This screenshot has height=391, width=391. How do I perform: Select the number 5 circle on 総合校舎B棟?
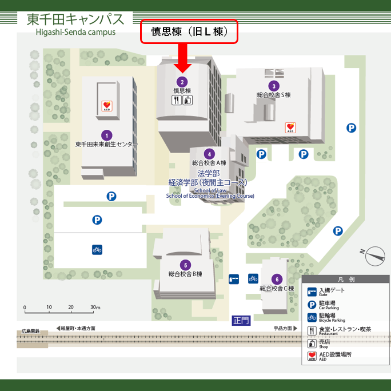click(185, 265)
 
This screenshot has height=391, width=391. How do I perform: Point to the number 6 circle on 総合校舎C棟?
click(277, 279)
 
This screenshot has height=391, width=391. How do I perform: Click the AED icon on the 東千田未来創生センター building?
click(106, 105)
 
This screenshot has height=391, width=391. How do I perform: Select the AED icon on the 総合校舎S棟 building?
click(290, 128)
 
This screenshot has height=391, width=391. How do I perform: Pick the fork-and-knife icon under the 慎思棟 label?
click(177, 100)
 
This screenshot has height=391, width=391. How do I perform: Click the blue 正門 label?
click(241, 321)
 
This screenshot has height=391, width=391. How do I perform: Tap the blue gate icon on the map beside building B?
click(234, 279)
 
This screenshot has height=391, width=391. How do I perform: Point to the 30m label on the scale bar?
click(95, 308)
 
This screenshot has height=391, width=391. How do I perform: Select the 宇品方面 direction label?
click(282, 329)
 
